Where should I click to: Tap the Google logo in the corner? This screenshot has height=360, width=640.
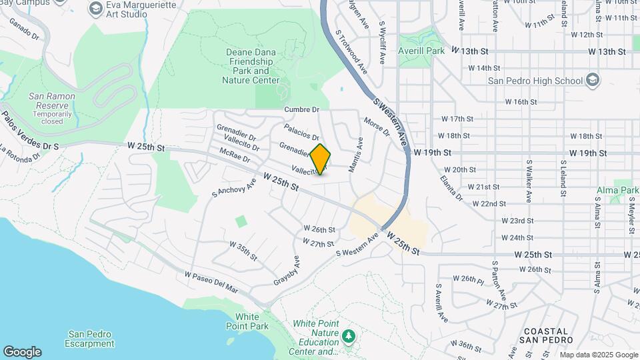pyautogui.click(x=22, y=352)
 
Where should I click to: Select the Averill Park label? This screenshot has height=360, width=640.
pyautogui.click(x=421, y=51)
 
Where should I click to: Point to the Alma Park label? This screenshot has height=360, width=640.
pyautogui.click(x=617, y=190)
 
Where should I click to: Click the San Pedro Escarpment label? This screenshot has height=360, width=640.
pyautogui.click(x=90, y=339)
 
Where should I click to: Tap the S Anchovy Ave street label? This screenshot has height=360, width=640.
pyautogui.click(x=234, y=187)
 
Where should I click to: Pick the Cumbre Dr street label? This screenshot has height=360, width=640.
pyautogui.click(x=301, y=109)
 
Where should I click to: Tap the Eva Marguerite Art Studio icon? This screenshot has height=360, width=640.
pyautogui.click(x=95, y=9)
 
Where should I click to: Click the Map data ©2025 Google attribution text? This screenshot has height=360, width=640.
pyautogui.click(x=598, y=355)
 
